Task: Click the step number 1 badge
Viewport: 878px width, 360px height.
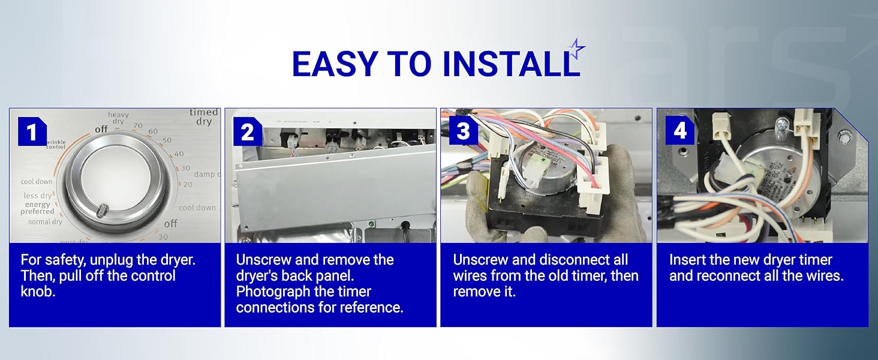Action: point(32,132)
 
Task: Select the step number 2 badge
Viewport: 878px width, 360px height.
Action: point(248,132)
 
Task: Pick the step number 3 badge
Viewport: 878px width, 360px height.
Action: point(464,132)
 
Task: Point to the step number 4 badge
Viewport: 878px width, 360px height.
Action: point(680,132)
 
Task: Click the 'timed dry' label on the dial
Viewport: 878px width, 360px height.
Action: point(204,117)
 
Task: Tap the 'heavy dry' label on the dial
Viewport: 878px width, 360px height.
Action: point(118,118)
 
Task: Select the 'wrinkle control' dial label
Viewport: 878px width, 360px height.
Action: point(55,144)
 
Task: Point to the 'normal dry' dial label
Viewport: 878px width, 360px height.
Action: point(45,222)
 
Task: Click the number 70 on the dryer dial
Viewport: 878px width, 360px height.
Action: point(137,126)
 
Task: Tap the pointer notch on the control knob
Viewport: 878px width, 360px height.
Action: point(103,211)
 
